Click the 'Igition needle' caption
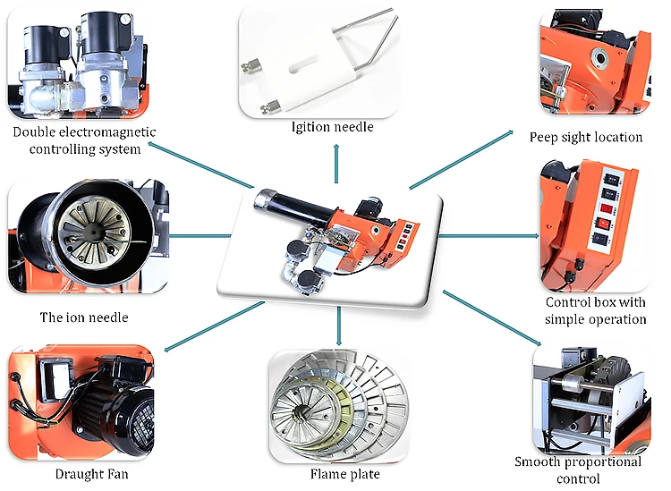333,127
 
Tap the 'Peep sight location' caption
586,138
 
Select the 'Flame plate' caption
345,474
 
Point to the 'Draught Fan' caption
91,474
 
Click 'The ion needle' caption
84,317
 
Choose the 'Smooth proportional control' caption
578,470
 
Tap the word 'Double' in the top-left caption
34,131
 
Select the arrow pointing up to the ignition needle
336,164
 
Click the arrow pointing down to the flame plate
339,326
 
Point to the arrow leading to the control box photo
489,236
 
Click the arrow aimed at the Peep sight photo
462,159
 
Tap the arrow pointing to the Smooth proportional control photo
492,317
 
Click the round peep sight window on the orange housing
599,57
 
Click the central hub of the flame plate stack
300,412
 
